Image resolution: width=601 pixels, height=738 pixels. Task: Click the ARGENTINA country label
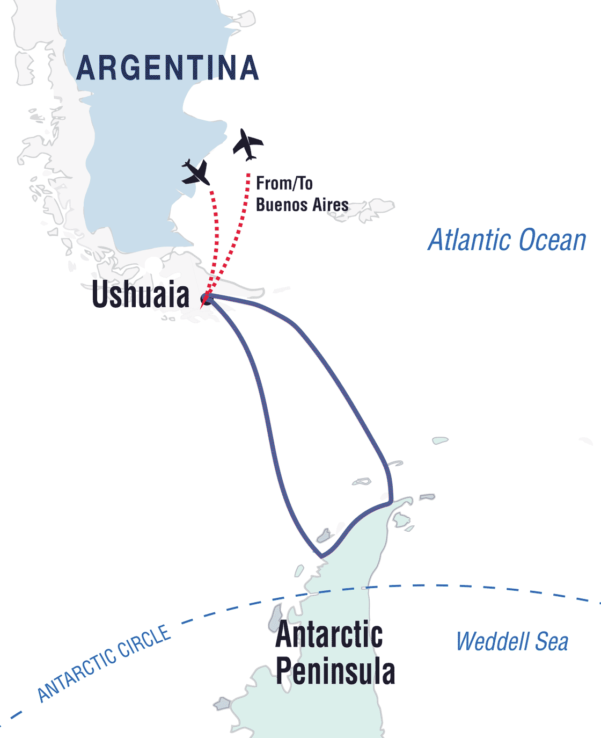pos(167,68)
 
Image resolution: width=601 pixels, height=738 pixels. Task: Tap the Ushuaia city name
pos(141,295)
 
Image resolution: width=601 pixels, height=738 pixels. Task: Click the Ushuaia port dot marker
pos(206,299)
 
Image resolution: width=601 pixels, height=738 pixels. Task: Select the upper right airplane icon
pos(247,144)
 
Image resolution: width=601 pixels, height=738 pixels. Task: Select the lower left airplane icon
pos(196,172)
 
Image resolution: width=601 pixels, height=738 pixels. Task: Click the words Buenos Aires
pos(302,205)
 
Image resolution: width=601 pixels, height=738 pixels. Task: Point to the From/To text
pos(284,184)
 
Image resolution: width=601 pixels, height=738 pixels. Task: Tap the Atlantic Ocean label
pos(507,240)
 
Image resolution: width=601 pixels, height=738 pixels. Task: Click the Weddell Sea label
pos(512,642)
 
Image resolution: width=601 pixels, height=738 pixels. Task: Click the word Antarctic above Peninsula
pos(329,635)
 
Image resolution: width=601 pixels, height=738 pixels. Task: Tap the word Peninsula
pos(335,671)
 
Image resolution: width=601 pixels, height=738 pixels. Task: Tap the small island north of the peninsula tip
pos(440,441)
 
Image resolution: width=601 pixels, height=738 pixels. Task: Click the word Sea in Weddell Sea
pos(552,642)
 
